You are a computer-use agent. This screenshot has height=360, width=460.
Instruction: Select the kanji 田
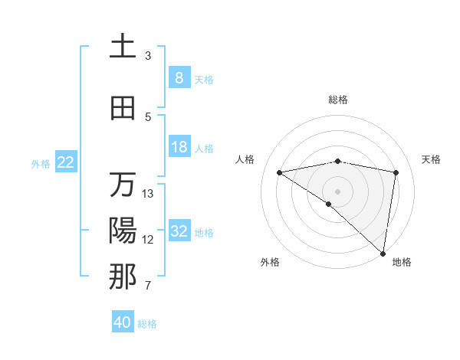[x=123, y=109]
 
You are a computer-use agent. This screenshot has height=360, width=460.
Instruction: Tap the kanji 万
[x=123, y=185]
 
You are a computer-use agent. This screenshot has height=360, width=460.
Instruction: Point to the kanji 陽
[x=123, y=231]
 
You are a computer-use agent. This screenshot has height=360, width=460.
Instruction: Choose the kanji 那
[x=123, y=277]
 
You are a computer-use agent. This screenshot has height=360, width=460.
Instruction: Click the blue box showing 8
[x=179, y=77]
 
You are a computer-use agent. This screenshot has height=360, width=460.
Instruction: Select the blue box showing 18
[x=179, y=147]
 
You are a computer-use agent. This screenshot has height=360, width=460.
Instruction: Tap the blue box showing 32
[x=179, y=231]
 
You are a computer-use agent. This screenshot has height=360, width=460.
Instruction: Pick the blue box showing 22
[x=66, y=162]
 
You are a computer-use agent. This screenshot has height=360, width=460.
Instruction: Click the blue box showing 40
[x=123, y=322]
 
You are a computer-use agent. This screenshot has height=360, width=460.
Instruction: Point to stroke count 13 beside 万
[x=148, y=194]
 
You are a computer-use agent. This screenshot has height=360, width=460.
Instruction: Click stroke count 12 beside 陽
[x=148, y=240]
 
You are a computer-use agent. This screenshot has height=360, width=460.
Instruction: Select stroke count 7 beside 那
[x=148, y=286]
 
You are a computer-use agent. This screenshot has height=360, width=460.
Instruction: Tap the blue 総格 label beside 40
[x=147, y=324]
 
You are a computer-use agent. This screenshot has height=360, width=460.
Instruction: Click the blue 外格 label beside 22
[x=41, y=163]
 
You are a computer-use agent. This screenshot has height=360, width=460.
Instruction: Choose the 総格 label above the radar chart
[x=337, y=100]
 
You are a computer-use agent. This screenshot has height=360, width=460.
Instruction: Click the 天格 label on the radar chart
[x=431, y=159]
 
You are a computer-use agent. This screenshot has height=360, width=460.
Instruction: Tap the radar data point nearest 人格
[x=279, y=172]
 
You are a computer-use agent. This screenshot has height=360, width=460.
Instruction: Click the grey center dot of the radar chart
[x=337, y=190]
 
